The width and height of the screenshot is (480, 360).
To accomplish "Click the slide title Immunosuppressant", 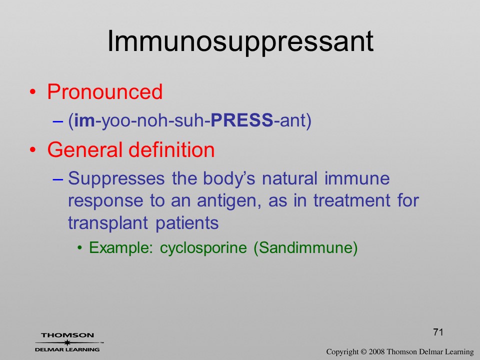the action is pyautogui.click(x=240, y=42).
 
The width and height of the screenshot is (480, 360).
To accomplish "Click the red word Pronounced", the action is pyautogui.click(x=104, y=91).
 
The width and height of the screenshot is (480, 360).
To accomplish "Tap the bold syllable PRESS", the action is pyautogui.click(x=242, y=120).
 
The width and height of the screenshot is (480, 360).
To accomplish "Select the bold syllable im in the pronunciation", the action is pyautogui.click(x=84, y=120).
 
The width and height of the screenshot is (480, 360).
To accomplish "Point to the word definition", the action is pyautogui.click(x=171, y=149).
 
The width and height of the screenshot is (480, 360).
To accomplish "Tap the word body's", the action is pyautogui.click(x=229, y=178).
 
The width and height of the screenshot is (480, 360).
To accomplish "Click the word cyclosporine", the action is pyautogui.click(x=203, y=247).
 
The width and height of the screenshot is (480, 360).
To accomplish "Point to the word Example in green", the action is pyautogui.click(x=120, y=247).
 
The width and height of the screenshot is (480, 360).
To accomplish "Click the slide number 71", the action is pyautogui.click(x=438, y=332).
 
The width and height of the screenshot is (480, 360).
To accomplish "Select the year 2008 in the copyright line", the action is pyautogui.click(x=377, y=352).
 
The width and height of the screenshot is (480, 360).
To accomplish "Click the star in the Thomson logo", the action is pyautogui.click(x=67, y=342).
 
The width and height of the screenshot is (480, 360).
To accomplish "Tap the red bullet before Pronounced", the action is pyautogui.click(x=33, y=92).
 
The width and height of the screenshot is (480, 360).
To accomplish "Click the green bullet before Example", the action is pyautogui.click(x=80, y=247).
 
